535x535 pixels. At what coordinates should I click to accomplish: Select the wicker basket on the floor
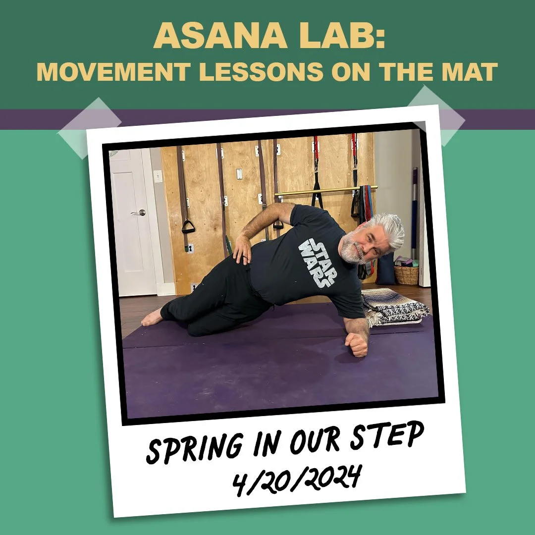click(x=406, y=274)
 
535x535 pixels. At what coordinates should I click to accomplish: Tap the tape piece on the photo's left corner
click(x=90, y=128)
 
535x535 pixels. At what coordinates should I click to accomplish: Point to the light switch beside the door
click(x=158, y=176)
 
